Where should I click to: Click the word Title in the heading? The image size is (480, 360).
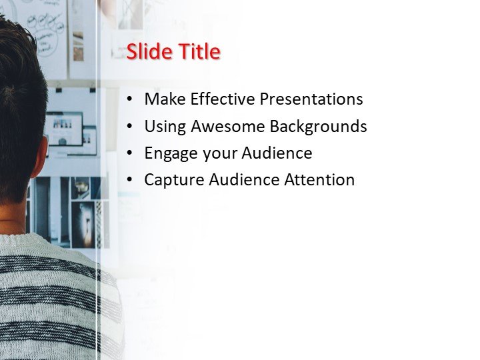tap(197, 52)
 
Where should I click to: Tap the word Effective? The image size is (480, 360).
tap(223, 99)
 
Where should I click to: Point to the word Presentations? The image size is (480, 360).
tap(311, 99)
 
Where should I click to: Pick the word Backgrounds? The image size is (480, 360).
tap(320, 127)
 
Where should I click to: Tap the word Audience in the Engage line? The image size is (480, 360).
tap(277, 153)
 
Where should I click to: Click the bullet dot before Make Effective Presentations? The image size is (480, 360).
tap(130, 100)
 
